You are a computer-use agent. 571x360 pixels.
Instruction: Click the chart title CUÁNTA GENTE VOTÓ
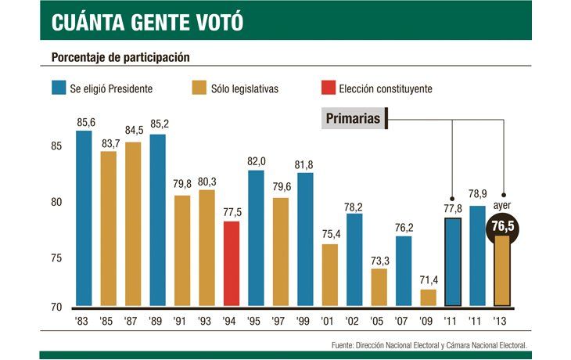click(147, 22)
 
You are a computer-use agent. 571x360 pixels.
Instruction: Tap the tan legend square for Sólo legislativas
click(199, 88)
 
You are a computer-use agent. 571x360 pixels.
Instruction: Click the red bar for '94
click(232, 264)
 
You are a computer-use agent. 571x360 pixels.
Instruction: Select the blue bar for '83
click(84, 218)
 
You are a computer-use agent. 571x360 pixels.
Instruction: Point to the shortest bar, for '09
click(429, 297)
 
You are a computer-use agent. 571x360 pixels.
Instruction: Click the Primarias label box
click(354, 119)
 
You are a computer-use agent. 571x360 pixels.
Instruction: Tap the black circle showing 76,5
click(503, 228)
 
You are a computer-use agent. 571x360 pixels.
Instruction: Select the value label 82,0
click(257, 161)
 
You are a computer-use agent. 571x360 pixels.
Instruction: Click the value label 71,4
click(429, 280)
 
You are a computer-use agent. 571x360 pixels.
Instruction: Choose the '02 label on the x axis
click(354, 320)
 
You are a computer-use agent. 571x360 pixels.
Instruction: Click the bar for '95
click(256, 238)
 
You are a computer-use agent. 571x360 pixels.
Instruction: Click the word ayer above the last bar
click(502, 206)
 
